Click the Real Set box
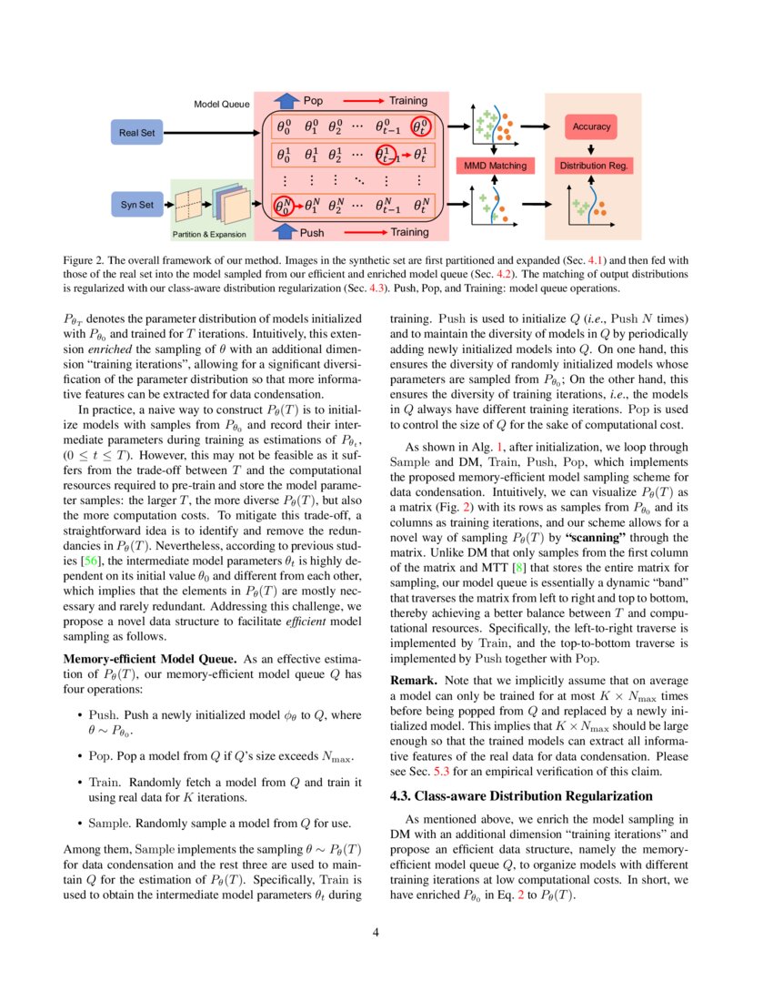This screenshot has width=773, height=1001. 137,134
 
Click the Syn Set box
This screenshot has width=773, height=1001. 137,206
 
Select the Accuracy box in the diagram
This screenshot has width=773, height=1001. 591,126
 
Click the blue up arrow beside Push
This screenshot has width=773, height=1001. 286,232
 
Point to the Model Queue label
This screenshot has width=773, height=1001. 222,105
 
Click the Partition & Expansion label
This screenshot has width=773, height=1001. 210,235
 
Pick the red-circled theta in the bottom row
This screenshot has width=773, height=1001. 285,207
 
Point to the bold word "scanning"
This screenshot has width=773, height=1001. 597,537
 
